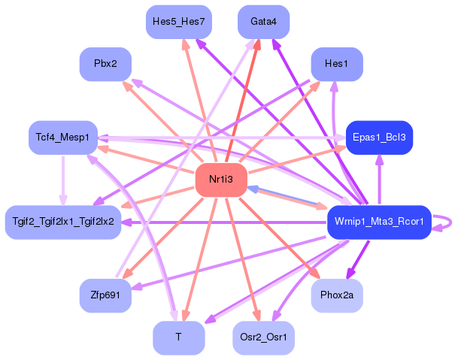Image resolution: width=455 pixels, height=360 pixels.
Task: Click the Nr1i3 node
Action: [x=222, y=180]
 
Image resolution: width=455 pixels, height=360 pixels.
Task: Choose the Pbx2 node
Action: [x=105, y=64]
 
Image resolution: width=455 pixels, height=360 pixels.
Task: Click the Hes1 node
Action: [x=336, y=64]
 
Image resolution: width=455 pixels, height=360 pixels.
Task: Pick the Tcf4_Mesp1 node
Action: [x=62, y=137]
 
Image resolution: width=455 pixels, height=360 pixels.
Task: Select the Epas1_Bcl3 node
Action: [x=378, y=138]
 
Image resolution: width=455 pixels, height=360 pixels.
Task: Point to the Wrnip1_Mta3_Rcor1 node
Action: [x=378, y=222]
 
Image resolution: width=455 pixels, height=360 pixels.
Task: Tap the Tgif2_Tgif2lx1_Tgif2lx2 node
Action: [x=63, y=222]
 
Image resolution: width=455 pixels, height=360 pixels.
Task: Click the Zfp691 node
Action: [x=105, y=295]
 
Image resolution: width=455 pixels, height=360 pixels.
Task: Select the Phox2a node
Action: [x=337, y=295]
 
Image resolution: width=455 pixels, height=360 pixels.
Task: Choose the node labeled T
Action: [x=178, y=337]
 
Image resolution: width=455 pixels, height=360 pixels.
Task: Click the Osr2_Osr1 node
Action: [x=263, y=337]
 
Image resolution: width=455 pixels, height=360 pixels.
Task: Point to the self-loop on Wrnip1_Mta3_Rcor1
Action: [x=447, y=222]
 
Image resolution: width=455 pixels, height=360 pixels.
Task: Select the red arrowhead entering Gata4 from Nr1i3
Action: [x=258, y=44]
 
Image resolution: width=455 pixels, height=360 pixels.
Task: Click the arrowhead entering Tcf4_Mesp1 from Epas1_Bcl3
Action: [x=103, y=138]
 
